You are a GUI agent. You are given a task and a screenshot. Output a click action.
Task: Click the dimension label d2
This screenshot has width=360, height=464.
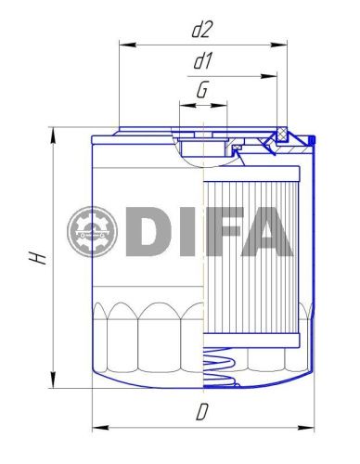201,30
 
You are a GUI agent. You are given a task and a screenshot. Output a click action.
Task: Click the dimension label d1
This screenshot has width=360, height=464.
203,62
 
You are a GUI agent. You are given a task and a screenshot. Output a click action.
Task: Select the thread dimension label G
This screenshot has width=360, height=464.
201,91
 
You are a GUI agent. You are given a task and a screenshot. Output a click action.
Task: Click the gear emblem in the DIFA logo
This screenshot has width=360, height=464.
93,233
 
